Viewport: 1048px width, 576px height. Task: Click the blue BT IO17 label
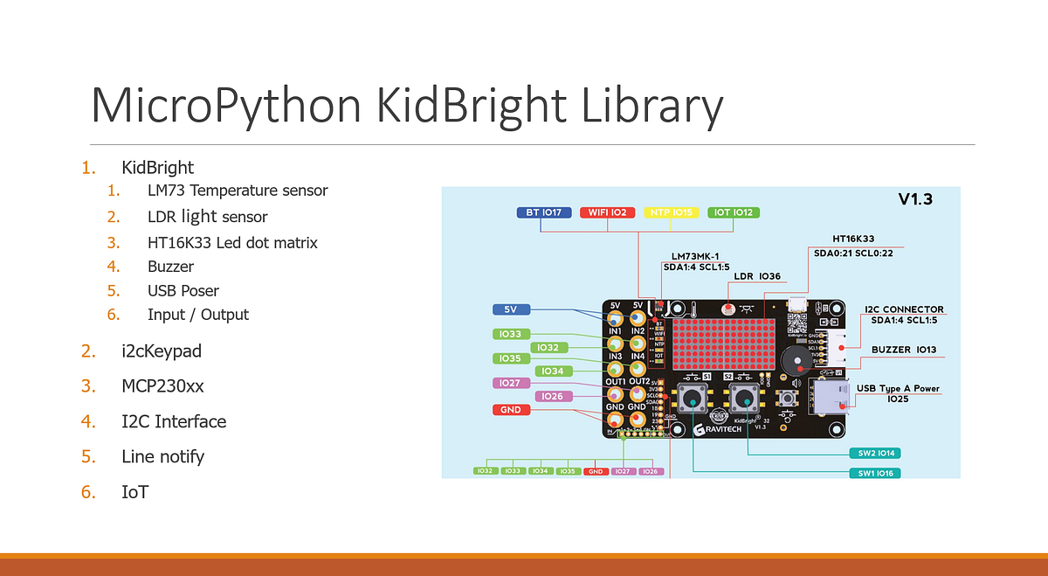(x=544, y=212)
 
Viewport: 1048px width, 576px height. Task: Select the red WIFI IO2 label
(x=607, y=212)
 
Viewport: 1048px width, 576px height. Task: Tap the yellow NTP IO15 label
(x=670, y=212)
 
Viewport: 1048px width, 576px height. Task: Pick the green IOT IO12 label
(x=734, y=212)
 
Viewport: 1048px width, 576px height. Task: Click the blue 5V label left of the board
(x=511, y=309)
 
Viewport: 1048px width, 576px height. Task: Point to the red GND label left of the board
(x=511, y=409)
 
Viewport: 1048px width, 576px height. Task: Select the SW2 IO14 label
(x=874, y=453)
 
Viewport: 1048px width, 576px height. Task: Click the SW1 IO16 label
(x=874, y=473)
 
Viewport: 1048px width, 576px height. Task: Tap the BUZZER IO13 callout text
(x=904, y=350)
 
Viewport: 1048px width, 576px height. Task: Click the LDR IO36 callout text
(x=755, y=276)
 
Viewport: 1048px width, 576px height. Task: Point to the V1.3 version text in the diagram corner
(x=915, y=199)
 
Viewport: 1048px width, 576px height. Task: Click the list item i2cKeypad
(x=162, y=351)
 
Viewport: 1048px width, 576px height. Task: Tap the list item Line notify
(x=162, y=456)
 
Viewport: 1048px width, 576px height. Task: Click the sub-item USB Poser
(x=183, y=290)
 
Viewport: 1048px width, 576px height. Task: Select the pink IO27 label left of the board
(x=511, y=383)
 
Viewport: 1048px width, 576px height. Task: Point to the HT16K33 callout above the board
(x=854, y=238)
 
